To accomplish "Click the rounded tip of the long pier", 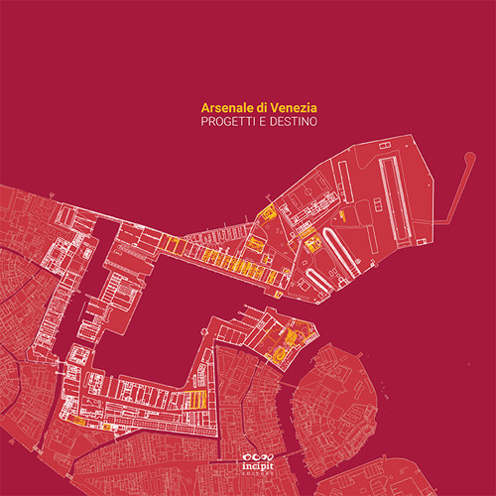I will [467, 155].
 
